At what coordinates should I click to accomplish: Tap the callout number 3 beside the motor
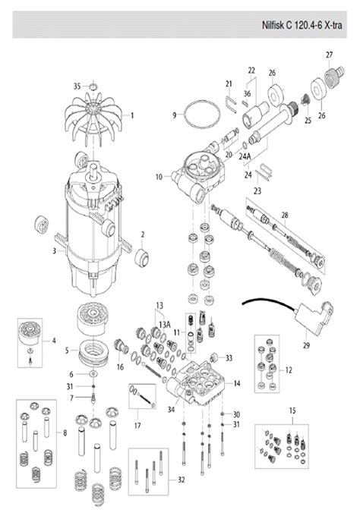point(54,250)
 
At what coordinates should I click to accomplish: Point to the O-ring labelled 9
point(202,115)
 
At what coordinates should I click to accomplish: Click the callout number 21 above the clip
point(228,83)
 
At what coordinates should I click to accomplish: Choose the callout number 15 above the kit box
point(292,410)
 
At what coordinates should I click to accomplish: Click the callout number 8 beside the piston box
point(65,433)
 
